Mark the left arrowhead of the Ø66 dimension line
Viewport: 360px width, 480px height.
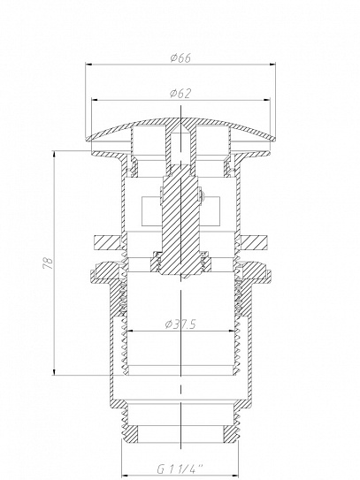[x=88, y=65]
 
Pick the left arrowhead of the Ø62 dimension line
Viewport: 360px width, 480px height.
[x=96, y=99]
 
